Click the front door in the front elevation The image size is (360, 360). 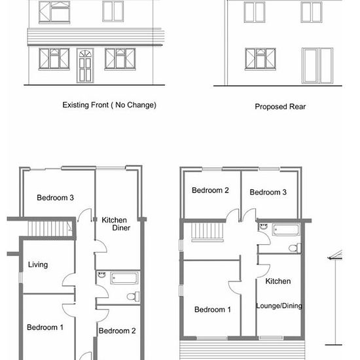(x=85, y=65)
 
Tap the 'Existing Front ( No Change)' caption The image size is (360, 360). (x=109, y=105)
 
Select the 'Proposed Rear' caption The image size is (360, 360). (x=280, y=107)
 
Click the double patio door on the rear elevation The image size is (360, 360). (x=317, y=65)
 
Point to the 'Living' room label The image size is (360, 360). (x=38, y=264)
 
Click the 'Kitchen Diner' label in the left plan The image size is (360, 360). (x=116, y=224)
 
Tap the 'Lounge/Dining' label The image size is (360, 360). (x=279, y=306)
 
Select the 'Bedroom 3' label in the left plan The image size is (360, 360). (x=56, y=198)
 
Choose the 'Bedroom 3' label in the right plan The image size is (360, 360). (x=268, y=192)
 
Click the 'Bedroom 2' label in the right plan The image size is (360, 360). (x=210, y=190)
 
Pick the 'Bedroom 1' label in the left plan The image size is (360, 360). (x=45, y=327)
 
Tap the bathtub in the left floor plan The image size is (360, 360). (x=124, y=278)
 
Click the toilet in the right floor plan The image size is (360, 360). (x=295, y=248)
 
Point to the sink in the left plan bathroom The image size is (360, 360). (x=101, y=275)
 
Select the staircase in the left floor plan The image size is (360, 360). (x=50, y=228)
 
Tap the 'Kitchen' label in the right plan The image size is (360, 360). (x=278, y=281)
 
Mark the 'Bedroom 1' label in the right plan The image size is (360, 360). (x=213, y=310)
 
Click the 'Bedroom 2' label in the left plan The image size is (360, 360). (x=117, y=331)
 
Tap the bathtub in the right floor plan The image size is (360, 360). (x=286, y=229)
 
